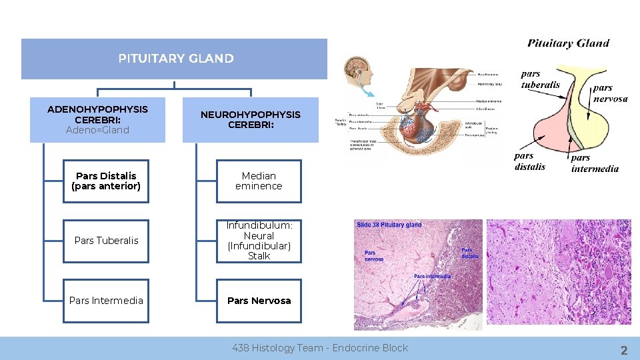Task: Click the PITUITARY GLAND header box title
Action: [x=175, y=59]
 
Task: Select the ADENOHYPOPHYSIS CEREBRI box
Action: [x=97, y=119]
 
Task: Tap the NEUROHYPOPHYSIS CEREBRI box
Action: [x=251, y=119]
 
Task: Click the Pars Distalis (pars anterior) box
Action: [x=106, y=181]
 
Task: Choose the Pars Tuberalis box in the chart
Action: [x=106, y=241]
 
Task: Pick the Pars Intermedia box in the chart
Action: [x=106, y=301]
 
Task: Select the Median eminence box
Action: [x=259, y=181]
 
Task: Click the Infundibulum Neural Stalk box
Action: [x=259, y=241]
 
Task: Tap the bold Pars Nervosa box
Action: [x=259, y=301]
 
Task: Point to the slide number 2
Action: [x=624, y=351]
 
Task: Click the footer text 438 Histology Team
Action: [x=320, y=348]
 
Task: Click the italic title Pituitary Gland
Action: [x=568, y=43]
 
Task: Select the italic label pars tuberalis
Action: [x=540, y=79]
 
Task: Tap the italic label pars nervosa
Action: [x=610, y=93]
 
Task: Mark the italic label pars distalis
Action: [x=530, y=161]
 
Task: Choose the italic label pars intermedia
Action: [x=595, y=163]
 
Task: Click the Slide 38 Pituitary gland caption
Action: [x=389, y=225]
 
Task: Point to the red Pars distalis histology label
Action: [x=470, y=253]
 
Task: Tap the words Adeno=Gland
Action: [x=97, y=130]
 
